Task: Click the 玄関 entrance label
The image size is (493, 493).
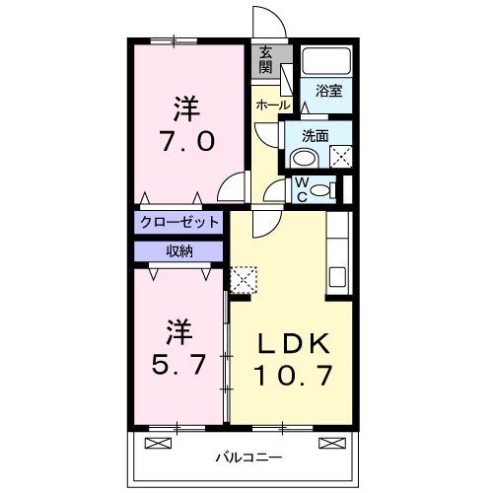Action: (266, 61)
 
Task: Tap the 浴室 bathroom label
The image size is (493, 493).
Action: (328, 91)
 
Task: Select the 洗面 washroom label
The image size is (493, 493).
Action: (316, 135)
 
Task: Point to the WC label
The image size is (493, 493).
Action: (302, 186)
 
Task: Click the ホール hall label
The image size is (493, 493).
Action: (272, 105)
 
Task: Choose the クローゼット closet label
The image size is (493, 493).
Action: (179, 223)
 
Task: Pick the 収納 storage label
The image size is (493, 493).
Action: (179, 250)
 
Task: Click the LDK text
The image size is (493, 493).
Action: (293, 343)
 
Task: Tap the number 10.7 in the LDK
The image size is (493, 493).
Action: (293, 376)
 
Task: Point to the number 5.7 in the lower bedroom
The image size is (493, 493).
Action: (178, 365)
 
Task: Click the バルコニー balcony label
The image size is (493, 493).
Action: (248, 458)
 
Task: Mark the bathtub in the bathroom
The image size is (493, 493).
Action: (326, 61)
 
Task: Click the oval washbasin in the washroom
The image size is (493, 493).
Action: (305, 158)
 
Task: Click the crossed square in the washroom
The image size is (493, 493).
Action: (340, 155)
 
